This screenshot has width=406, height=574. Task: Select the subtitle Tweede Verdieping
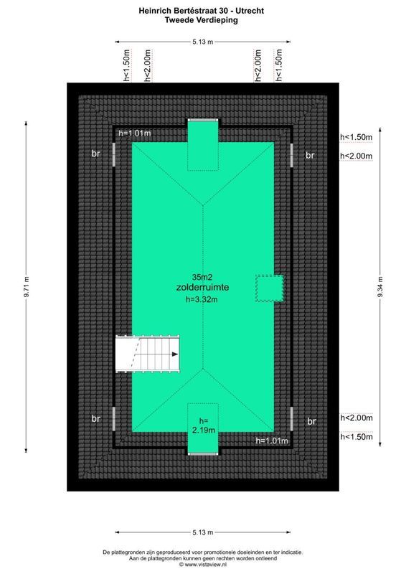tap(203, 21)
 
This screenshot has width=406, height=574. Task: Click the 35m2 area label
tap(203, 277)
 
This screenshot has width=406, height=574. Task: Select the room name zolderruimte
tap(203, 287)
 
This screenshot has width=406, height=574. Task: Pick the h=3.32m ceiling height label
tap(202, 300)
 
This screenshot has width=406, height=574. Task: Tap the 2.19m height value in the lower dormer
tap(203, 430)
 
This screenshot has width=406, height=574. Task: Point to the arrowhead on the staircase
tap(174, 354)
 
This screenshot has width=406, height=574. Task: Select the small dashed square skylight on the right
tap(270, 288)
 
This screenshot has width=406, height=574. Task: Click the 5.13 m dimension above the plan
tap(203, 42)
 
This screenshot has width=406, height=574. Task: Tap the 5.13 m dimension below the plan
tap(203, 532)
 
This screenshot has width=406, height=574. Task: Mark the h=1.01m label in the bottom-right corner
tap(273, 441)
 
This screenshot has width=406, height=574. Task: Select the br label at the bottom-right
tap(311, 421)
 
